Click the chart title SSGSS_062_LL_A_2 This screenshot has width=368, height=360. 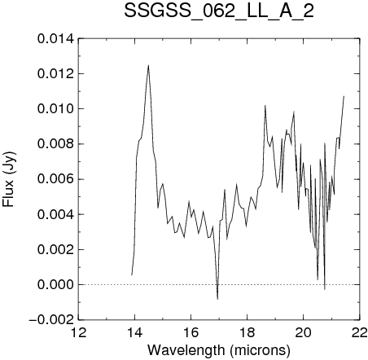click(219, 12)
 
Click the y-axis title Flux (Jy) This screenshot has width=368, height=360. click(9, 179)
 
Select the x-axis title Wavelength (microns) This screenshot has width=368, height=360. click(219, 350)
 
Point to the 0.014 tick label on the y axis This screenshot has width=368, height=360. click(55, 39)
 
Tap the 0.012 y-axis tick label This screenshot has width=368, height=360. click(55, 74)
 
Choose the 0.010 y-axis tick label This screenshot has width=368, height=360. click(55, 109)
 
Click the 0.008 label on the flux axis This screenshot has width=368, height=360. click(55, 144)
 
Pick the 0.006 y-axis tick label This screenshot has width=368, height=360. click(55, 179)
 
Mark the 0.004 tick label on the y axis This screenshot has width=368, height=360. click(55, 214)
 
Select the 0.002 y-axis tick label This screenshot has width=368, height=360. click(55, 249)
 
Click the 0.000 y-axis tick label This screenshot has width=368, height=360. click(55, 285)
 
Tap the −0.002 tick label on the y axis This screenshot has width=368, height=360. click(51, 320)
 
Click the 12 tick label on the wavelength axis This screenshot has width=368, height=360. click(78, 332)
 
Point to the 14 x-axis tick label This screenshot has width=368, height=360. click(135, 332)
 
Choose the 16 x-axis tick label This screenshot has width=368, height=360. click(191, 332)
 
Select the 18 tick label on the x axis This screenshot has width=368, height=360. click(248, 332)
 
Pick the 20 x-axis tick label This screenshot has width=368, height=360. click(304, 332)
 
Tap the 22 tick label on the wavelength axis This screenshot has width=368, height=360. click(360, 332)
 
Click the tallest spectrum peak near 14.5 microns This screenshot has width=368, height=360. click(148, 65)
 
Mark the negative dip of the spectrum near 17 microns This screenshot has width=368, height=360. click(217, 299)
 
